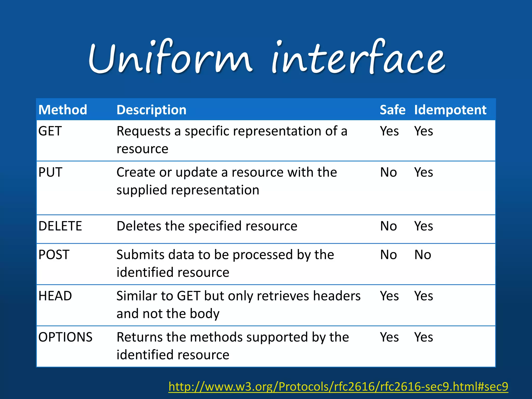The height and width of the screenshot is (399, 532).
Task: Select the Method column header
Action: [x=63, y=110]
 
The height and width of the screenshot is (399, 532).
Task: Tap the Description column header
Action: [x=151, y=110]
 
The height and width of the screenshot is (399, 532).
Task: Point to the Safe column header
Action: [x=393, y=110]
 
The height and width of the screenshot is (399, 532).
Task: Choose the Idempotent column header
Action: [x=450, y=110]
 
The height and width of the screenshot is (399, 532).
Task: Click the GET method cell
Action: [x=50, y=131]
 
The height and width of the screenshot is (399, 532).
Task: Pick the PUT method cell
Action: [x=50, y=172]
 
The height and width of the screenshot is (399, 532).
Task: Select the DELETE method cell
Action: [x=60, y=226]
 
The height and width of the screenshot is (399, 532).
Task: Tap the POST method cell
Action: [x=54, y=255]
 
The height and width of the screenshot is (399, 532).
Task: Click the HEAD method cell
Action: [x=55, y=296]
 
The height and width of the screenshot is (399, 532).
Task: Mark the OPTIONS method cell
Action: [x=65, y=337]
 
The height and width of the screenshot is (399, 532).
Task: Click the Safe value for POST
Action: [x=388, y=255]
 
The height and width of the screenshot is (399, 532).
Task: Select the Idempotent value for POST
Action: [x=423, y=255]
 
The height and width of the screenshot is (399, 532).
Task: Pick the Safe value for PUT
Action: [x=388, y=172]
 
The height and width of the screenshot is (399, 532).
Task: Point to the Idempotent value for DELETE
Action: [x=424, y=226]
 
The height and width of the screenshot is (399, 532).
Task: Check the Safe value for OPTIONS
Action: [x=389, y=337]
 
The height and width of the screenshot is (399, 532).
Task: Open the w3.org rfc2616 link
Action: [x=338, y=387]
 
